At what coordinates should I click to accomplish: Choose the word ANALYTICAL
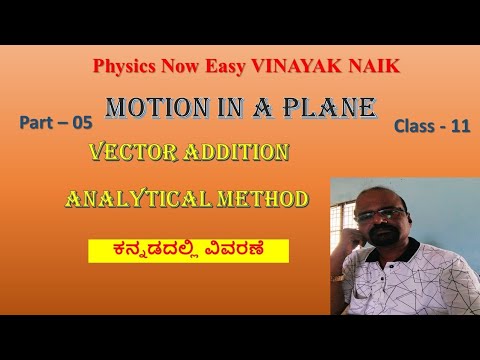140,200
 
